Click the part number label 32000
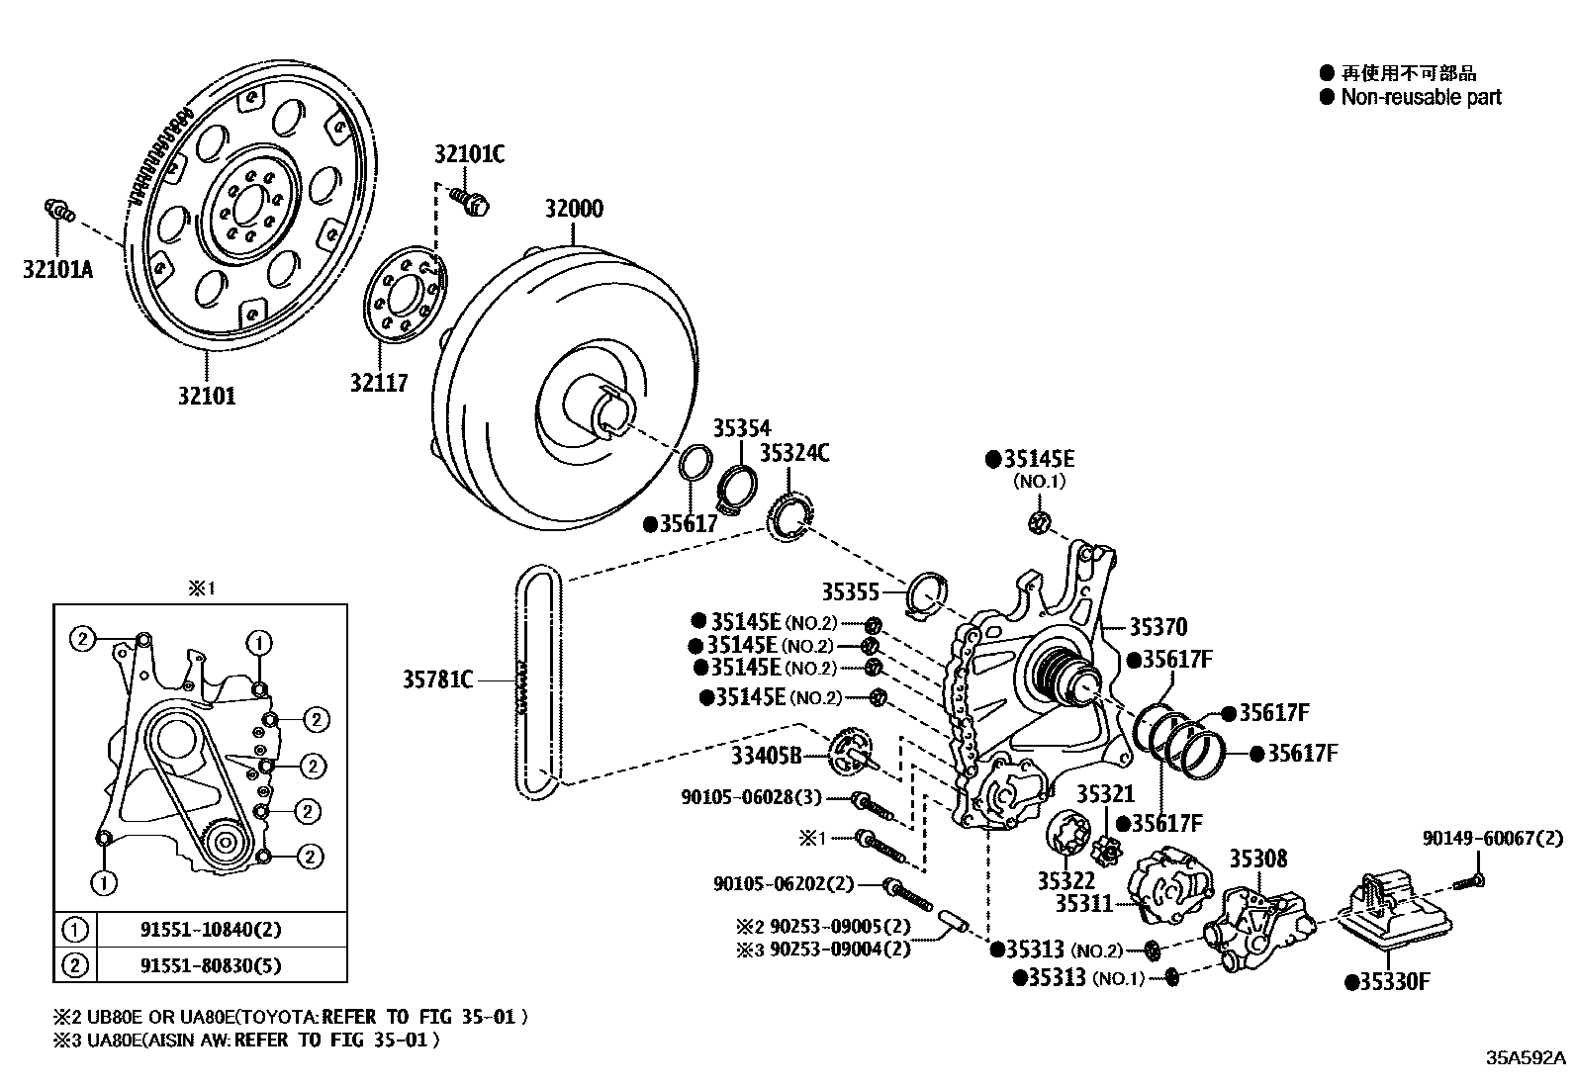tap(573, 209)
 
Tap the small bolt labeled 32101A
tap(60, 210)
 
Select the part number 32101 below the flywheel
tap(207, 396)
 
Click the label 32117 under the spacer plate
tap(378, 382)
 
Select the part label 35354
tap(741, 427)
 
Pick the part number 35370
tap(1158, 626)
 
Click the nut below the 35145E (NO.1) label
tap(1039, 523)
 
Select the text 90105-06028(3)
tap(751, 797)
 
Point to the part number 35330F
tap(1395, 981)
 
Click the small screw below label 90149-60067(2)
tap(1470, 879)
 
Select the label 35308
tap(1257, 859)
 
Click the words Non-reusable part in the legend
tap(1421, 97)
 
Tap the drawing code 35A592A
tap(1527, 1057)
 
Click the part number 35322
tap(1065, 879)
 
